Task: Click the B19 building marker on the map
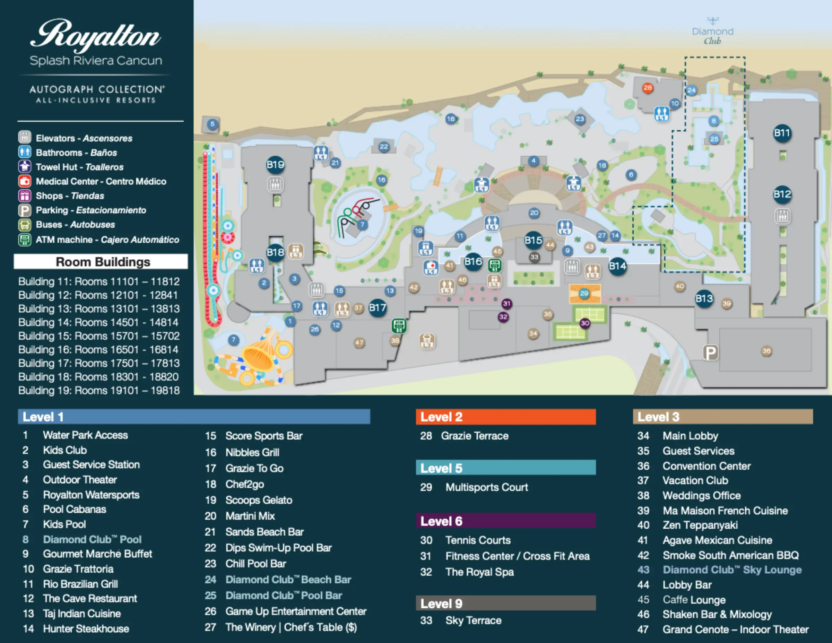pos(275,165)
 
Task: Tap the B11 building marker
pos(782,133)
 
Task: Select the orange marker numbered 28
pos(647,88)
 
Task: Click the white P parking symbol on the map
pos(710,353)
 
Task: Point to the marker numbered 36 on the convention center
pos(766,351)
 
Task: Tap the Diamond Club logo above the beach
pos(712,31)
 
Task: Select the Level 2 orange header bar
pos(505,417)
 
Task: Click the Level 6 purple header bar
pos(505,521)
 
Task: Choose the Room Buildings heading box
pos(101,262)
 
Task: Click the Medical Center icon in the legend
pos(25,181)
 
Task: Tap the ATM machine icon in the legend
pos(25,240)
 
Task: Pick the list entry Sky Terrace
pos(473,620)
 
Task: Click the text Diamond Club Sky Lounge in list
pos(732,570)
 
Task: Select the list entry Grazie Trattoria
pos(78,569)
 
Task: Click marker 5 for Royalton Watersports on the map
pos(212,124)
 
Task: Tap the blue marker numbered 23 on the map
pos(579,119)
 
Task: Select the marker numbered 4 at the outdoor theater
pos(533,161)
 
